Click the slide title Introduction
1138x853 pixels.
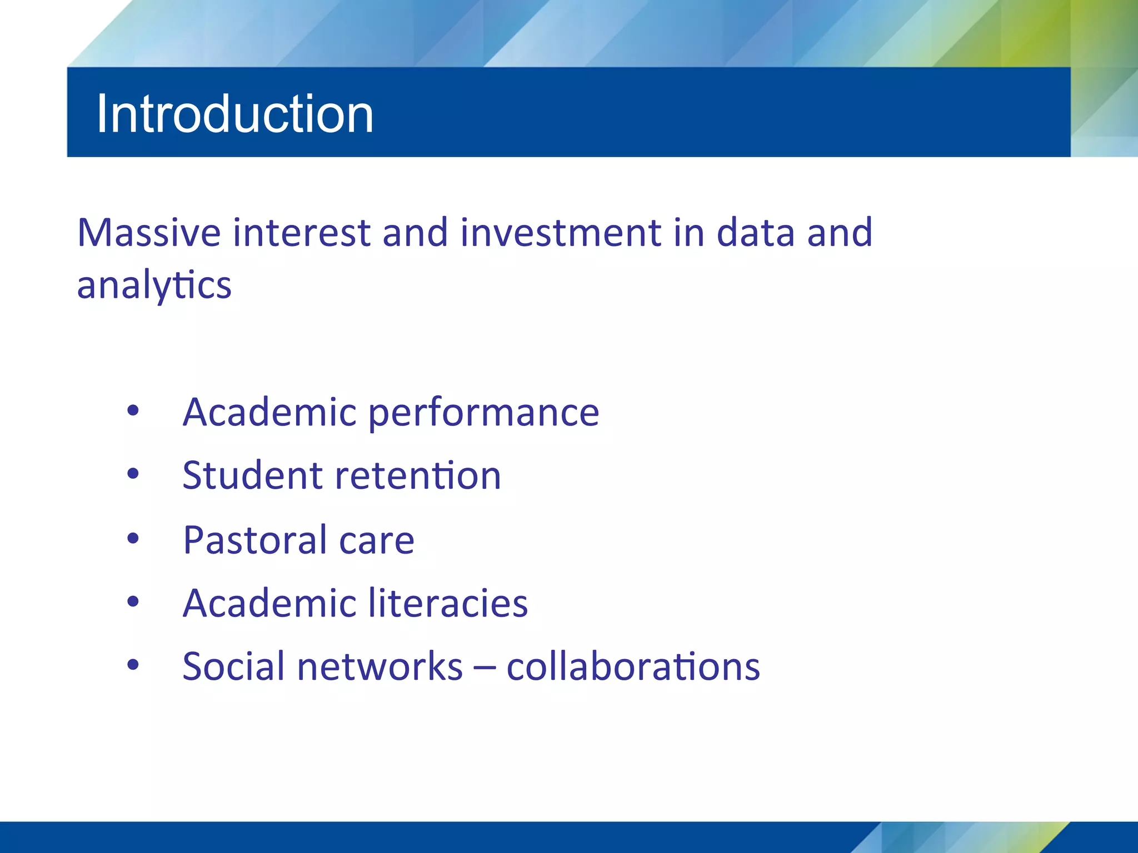234,114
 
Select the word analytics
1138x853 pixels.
154,285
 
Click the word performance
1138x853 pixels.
483,413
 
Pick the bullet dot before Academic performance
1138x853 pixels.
133,411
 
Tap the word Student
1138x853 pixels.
252,476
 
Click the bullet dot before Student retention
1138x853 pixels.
133,474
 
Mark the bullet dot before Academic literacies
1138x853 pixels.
133,601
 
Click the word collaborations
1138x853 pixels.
633,666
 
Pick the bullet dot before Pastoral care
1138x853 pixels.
133,538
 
